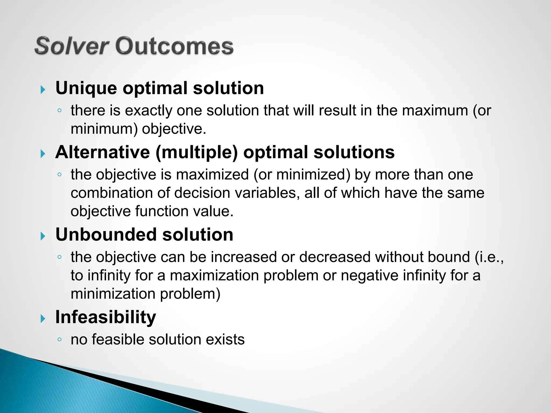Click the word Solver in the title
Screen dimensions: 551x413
pyautogui.click(x=72, y=46)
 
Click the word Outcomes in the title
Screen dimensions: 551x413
pyautogui.click(x=174, y=46)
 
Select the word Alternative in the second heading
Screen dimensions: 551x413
pyautogui.click(x=103, y=152)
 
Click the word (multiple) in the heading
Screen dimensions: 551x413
pyautogui.click(x=197, y=153)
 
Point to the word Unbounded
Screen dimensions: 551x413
pyautogui.click(x=106, y=234)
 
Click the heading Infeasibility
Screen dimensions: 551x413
pyautogui.click(x=105, y=317)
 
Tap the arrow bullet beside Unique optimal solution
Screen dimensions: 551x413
pyautogui.click(x=43, y=90)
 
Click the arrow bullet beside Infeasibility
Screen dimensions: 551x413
pyautogui.click(x=43, y=319)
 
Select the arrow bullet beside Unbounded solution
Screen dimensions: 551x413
pyautogui.click(x=43, y=236)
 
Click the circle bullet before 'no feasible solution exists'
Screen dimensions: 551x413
pyautogui.click(x=59, y=340)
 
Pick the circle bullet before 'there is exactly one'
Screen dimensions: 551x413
pyautogui.click(x=59, y=111)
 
